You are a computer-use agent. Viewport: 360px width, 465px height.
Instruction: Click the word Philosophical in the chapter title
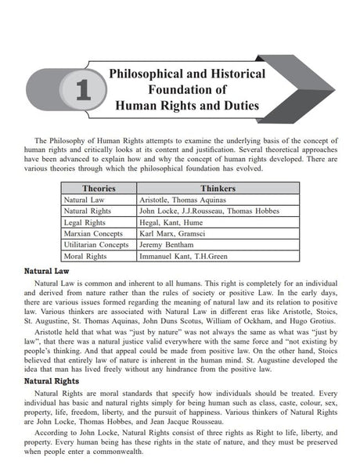(152, 73)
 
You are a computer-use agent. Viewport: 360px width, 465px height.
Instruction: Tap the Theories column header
(99, 189)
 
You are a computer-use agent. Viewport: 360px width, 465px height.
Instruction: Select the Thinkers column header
(217, 189)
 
